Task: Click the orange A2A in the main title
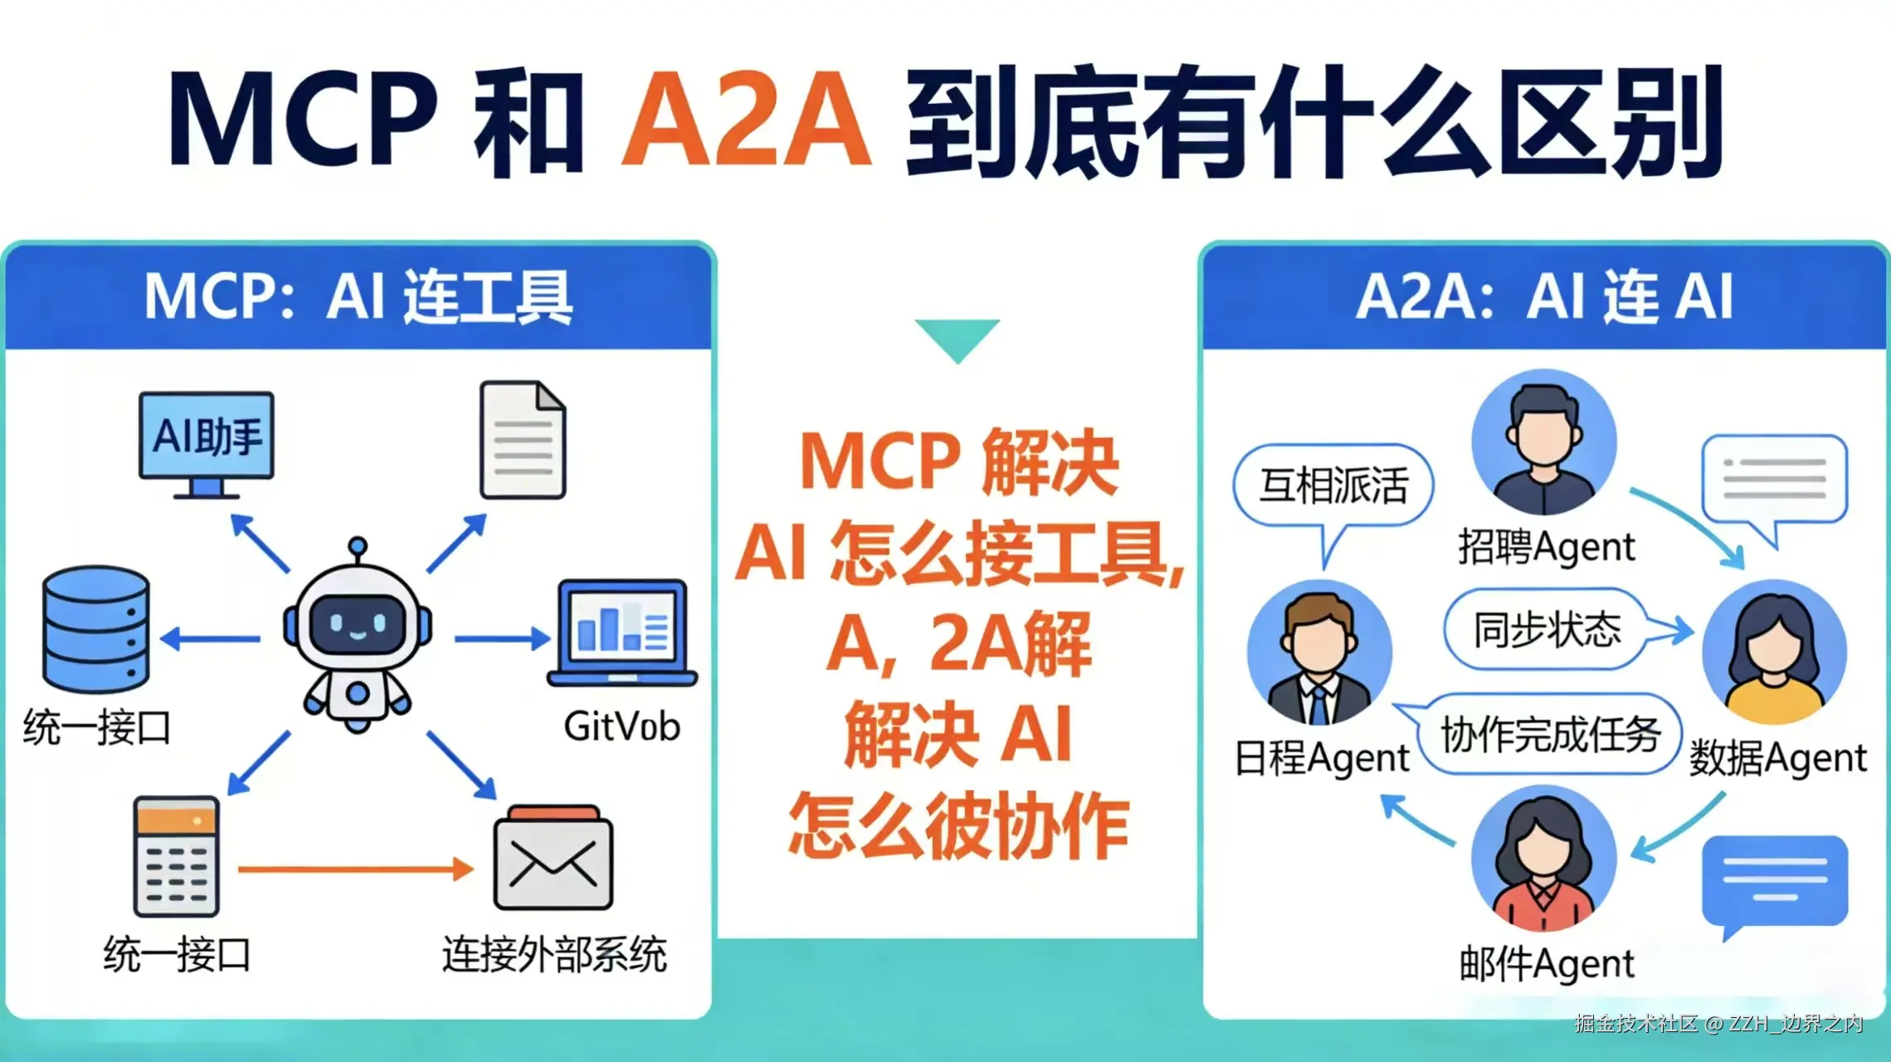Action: tap(746, 122)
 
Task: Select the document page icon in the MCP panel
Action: tap(523, 440)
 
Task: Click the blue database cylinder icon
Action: tap(96, 629)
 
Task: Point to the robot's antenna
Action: tap(358, 548)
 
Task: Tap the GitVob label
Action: tap(621, 727)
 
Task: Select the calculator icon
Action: tap(177, 856)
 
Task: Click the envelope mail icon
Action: tap(553, 860)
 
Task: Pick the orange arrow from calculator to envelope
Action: tap(355, 870)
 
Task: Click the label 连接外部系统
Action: tap(553, 954)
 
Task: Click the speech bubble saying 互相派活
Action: tap(1333, 486)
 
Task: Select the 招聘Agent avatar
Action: tap(1543, 441)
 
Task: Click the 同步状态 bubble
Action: tap(1546, 629)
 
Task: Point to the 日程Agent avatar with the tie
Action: tap(1319, 653)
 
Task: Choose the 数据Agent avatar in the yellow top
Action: tap(1773, 652)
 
